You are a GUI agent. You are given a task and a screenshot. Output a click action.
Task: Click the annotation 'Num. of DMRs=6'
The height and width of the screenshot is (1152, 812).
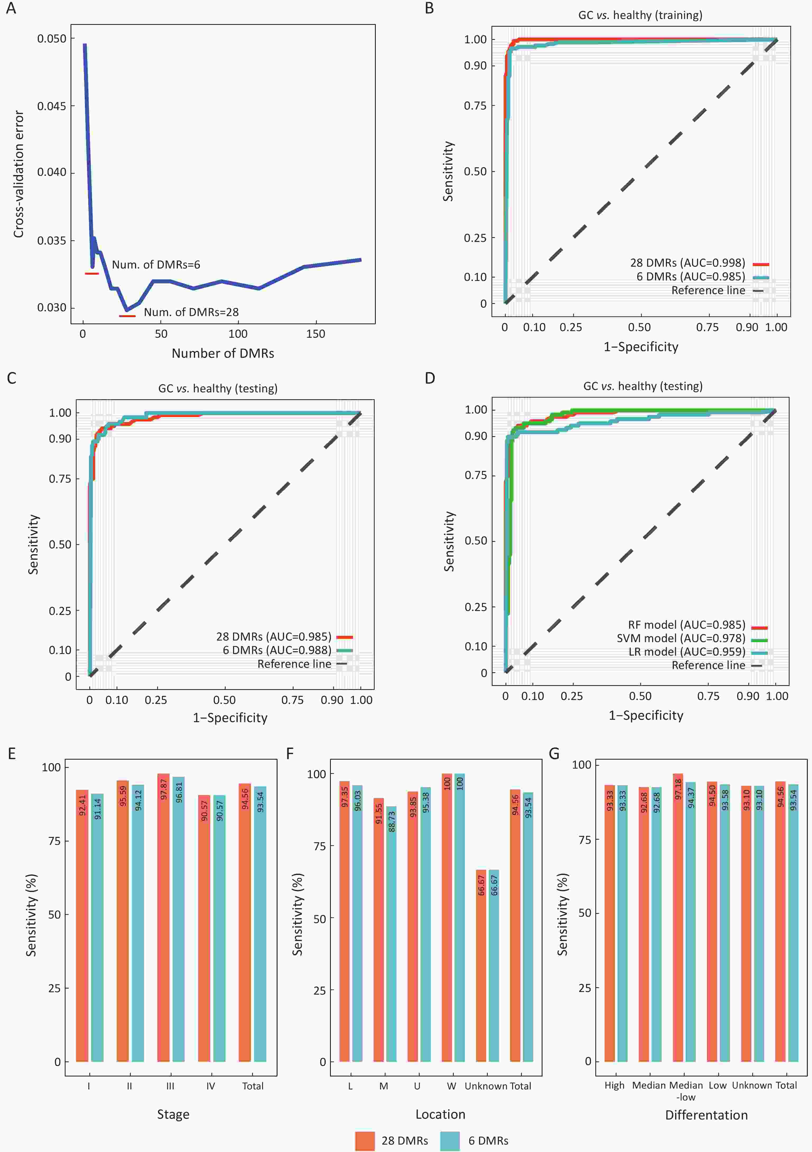click(x=156, y=264)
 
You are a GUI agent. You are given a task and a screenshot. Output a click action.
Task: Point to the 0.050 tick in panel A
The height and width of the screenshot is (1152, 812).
click(x=52, y=39)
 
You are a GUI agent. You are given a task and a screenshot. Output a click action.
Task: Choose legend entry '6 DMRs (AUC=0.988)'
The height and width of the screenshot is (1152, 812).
click(x=277, y=650)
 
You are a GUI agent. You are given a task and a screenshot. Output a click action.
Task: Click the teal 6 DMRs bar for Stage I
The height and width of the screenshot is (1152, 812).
click(x=98, y=928)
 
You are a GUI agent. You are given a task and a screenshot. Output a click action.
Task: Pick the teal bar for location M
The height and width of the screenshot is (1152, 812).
click(x=391, y=934)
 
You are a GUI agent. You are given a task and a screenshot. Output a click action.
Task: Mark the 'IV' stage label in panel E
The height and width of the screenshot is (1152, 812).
click(x=210, y=1086)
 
